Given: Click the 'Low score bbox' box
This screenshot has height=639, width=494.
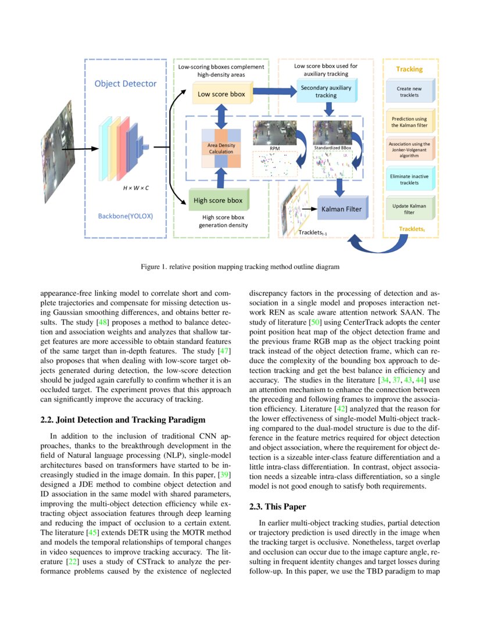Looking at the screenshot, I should coord(221,94).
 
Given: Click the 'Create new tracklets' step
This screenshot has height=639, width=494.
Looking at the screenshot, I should coord(409,92).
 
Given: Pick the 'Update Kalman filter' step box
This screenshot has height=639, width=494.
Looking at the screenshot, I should coord(409,209).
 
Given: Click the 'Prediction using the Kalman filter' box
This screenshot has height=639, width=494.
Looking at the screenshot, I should coord(409,122).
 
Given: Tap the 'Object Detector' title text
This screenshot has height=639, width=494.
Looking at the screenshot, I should coord(126,84).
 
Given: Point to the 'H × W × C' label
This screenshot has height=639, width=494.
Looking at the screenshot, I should coord(135,189).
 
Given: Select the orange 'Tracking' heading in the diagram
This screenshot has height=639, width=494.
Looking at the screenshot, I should coord(409,69).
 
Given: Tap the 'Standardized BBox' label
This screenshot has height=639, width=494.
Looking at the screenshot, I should coord(330,149).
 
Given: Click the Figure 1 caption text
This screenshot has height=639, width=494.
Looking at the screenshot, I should coord(240,267).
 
